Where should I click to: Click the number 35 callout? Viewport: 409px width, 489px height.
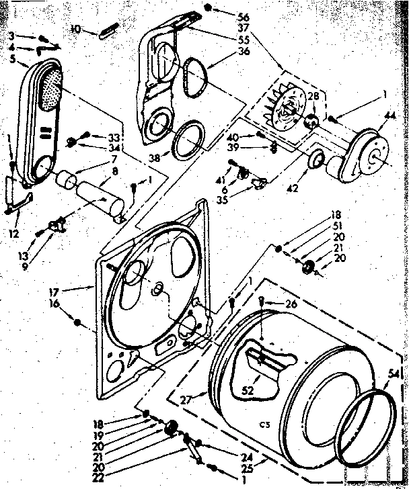click(241, 199)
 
